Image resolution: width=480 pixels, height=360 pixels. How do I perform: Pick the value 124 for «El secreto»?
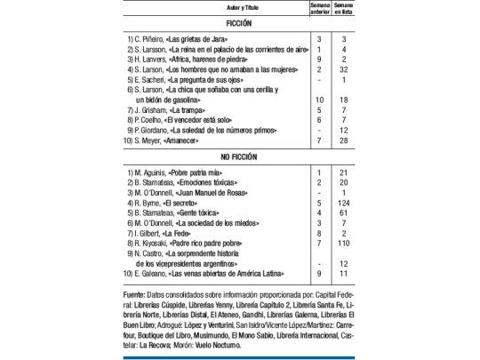343,203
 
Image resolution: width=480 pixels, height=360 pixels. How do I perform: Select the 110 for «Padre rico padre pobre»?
343,241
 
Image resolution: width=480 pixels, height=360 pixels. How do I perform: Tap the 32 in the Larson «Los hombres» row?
343,68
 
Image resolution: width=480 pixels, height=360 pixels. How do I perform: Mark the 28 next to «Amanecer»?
343,140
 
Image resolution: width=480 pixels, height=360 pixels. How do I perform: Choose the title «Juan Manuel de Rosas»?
225,192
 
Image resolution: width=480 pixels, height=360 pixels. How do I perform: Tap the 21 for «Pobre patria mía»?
343,171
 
